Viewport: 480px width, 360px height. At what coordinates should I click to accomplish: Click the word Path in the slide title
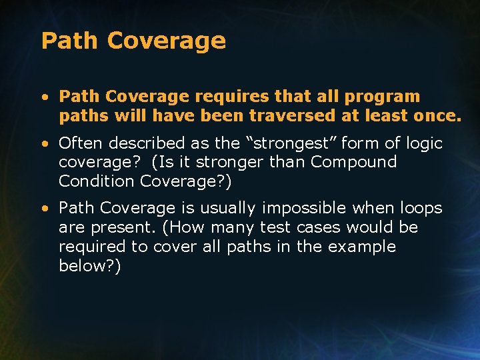click(x=69, y=41)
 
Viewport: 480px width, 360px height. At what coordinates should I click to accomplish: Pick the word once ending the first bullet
click(x=436, y=116)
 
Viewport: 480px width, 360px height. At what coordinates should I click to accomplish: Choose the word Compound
click(x=353, y=162)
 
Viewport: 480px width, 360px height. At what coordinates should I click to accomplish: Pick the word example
click(x=363, y=247)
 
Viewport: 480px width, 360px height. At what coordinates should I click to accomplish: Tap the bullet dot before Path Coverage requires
click(x=44, y=97)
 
